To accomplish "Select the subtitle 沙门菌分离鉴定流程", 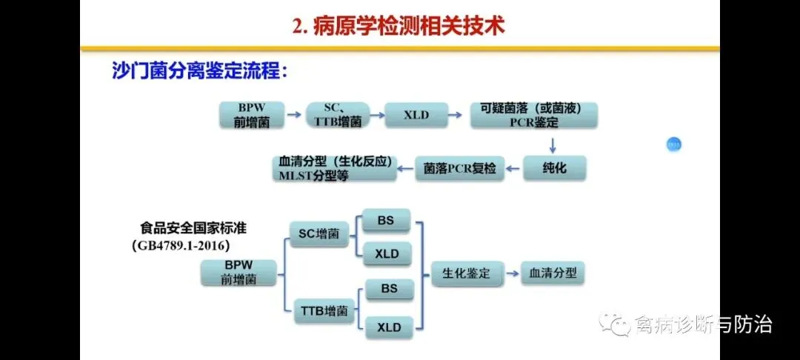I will [x=199, y=71].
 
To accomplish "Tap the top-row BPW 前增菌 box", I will [x=252, y=116].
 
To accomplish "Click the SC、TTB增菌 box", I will [x=337, y=116].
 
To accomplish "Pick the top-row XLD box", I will [x=416, y=115].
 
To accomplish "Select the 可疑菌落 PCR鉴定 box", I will [x=534, y=116].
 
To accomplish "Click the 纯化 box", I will [x=555, y=167].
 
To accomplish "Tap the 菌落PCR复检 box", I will [x=461, y=168].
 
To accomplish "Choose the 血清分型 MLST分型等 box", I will [x=334, y=169].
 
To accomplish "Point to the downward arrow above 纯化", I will [x=553, y=141].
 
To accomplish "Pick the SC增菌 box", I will [x=319, y=234].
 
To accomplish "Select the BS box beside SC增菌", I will [x=386, y=221].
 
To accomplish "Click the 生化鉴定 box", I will [x=461, y=273].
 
